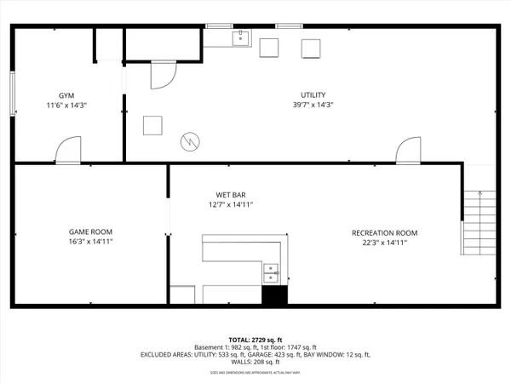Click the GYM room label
tap(67, 94)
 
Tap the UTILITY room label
tap(313, 94)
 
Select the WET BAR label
tap(231, 193)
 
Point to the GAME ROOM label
tap(90, 232)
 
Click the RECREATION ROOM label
tap(385, 232)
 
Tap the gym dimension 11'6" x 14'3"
tap(67, 106)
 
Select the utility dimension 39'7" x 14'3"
tap(313, 106)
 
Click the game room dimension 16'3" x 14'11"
tap(90, 243)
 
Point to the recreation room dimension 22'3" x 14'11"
tap(385, 243)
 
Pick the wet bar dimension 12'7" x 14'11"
tap(231, 204)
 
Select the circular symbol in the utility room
tap(189, 140)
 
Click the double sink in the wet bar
tap(272, 272)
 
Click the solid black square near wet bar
tap(273, 296)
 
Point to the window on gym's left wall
tap(12, 93)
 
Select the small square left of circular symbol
tap(153, 124)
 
